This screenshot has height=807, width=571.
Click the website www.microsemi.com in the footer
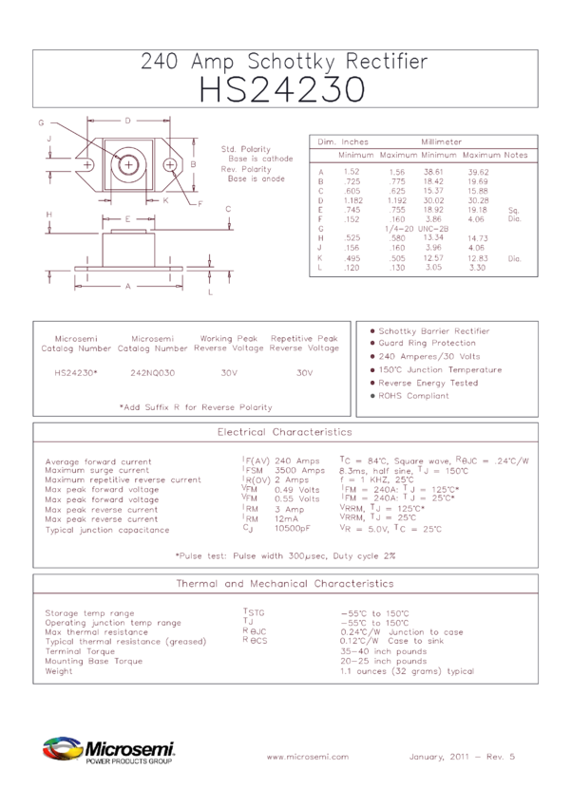click(308, 757)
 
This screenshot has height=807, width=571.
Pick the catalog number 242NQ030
click(154, 373)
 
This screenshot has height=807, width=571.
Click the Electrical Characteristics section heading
click(284, 432)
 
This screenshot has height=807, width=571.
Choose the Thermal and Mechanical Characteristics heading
click(284, 583)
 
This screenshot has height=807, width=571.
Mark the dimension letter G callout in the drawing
click(41, 124)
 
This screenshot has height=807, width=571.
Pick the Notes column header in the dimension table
click(516, 155)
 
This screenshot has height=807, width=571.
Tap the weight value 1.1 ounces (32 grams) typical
click(407, 671)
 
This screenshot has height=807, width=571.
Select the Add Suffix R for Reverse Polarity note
click(195, 406)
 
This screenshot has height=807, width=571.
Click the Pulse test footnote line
click(285, 555)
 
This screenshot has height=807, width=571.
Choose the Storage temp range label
click(90, 613)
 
